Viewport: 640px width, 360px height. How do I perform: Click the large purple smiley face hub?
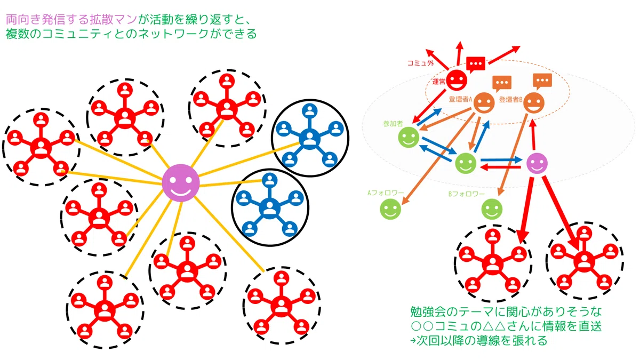coord(181,183)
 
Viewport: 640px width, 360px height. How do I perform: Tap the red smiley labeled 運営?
coord(457,81)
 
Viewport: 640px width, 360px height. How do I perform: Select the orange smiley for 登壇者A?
coord(484,103)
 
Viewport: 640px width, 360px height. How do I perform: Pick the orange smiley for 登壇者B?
coord(534,103)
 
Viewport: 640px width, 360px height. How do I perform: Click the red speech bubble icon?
coord(476,65)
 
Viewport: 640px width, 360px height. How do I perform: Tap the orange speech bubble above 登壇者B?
coord(542,81)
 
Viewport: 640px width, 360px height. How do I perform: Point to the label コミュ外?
coord(421,63)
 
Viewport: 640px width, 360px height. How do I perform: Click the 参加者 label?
coord(393,124)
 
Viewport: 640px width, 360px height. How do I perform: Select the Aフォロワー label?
coord(386,193)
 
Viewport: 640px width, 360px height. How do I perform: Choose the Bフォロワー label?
coord(467,194)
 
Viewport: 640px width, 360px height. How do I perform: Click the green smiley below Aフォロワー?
coord(390,209)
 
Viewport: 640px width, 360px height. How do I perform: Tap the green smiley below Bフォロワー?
coord(492,209)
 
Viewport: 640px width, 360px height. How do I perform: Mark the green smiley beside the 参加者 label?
coord(409,137)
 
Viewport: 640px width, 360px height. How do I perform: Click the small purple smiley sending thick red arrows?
coord(537,163)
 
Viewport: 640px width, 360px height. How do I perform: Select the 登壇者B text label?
coord(510,99)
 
